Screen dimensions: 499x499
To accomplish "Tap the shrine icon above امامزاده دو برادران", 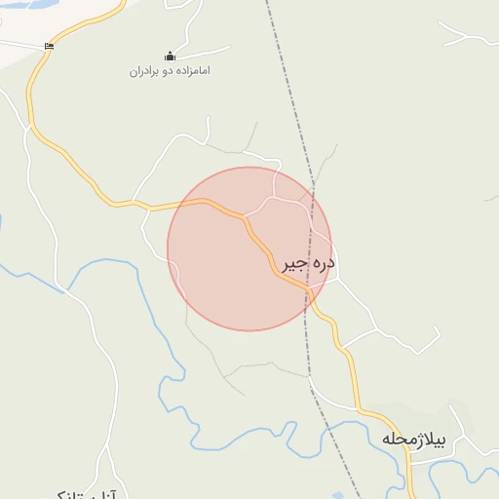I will (x=170, y=56).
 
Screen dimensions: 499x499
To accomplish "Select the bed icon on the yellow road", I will (x=50, y=46).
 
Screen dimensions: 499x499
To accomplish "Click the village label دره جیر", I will (x=308, y=264).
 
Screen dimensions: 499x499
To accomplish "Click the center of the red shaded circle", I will (x=249, y=249).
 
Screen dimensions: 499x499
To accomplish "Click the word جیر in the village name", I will (x=294, y=264).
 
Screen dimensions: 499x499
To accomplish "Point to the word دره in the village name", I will (x=324, y=264).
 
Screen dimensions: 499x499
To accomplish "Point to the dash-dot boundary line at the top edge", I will (x=267, y=4).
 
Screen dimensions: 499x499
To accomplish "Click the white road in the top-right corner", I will (x=468, y=39).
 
